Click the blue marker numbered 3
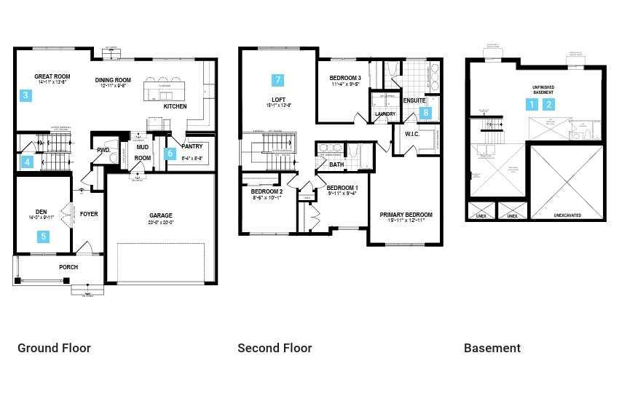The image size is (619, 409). [x=25, y=95]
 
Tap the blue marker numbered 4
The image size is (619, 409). [x=28, y=162]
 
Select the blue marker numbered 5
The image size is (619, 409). [x=44, y=236]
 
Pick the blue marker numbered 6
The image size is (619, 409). [x=170, y=154]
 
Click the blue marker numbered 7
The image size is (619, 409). [x=277, y=80]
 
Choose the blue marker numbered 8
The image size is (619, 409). [x=426, y=113]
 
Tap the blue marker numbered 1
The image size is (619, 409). [x=532, y=105]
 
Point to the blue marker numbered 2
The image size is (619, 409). [x=550, y=105]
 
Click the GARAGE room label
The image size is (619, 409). [x=161, y=215]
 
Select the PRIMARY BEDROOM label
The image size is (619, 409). [x=406, y=215]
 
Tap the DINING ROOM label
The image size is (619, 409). [x=113, y=80]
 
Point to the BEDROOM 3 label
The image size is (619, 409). [x=345, y=78]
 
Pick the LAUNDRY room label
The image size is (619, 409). [x=385, y=114]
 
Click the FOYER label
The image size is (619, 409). [x=89, y=214]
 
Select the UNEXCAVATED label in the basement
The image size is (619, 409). [x=567, y=215]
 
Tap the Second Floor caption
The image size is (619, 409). [x=275, y=348]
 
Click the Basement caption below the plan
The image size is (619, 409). [x=492, y=348]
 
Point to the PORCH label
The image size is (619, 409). [x=68, y=267]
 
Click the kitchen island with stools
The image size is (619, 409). [x=164, y=90]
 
